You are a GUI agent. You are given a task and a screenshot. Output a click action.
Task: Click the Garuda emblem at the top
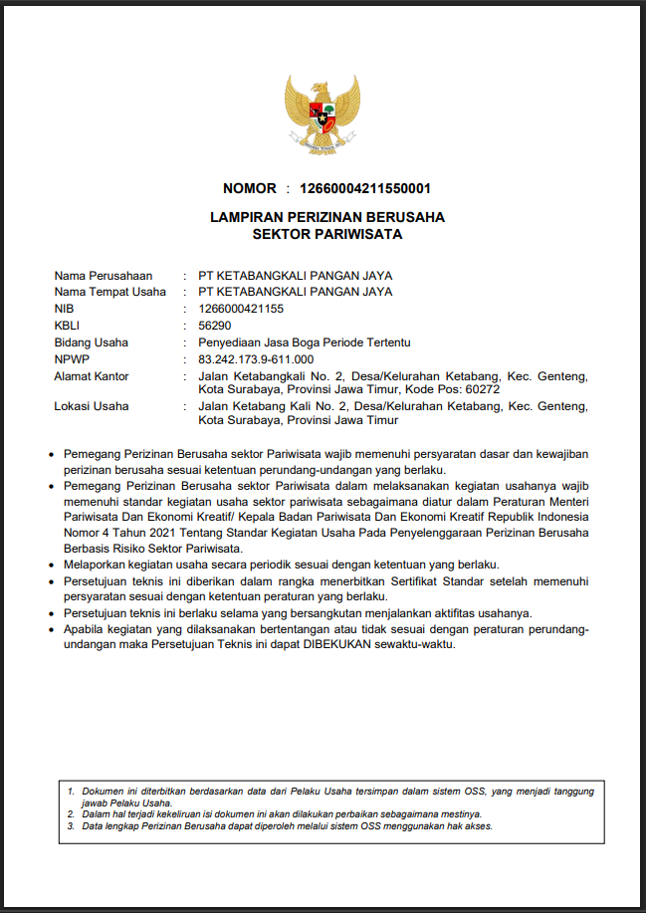tap(322, 114)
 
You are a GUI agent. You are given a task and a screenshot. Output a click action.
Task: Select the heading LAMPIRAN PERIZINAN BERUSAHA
tap(327, 217)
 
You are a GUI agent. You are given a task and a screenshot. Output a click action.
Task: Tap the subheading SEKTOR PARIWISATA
tap(327, 235)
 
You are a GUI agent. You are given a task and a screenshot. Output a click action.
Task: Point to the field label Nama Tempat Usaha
tap(109, 292)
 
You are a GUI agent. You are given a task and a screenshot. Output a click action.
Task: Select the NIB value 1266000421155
tap(241, 309)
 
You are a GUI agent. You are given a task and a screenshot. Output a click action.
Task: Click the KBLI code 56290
tap(215, 326)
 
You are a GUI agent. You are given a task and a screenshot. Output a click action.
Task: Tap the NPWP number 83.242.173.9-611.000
tap(256, 359)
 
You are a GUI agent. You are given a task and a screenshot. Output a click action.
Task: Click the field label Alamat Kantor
tap(92, 376)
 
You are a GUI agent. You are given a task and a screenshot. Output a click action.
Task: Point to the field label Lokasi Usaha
tap(91, 406)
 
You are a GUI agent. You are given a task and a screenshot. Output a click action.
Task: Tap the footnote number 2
tap(71, 813)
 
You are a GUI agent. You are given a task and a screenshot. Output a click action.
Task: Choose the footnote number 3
tap(71, 825)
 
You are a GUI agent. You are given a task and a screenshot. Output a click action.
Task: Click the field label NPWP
tap(72, 359)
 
